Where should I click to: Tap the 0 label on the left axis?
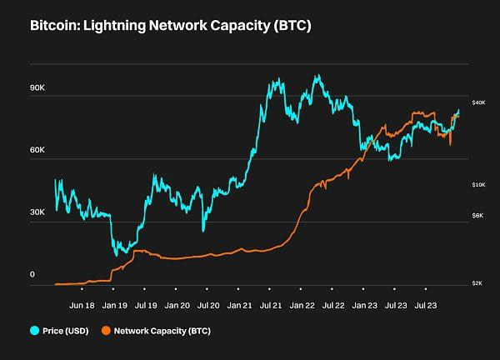coord(32,274)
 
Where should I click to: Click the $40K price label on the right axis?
coord(478,102)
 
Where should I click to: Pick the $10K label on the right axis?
coord(478,184)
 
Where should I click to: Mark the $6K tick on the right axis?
coord(478,216)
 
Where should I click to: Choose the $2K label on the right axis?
coord(478,283)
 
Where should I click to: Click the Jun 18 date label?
coord(82,306)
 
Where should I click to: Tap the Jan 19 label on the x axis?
coord(114,306)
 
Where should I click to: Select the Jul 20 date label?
coord(208,306)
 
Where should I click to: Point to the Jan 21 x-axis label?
coord(240,306)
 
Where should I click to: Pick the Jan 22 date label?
coord(302,306)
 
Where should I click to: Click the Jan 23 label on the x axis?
coord(365,306)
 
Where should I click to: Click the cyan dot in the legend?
coord(36,331)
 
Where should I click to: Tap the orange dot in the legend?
coord(107,331)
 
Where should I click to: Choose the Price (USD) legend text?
coord(67,331)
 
